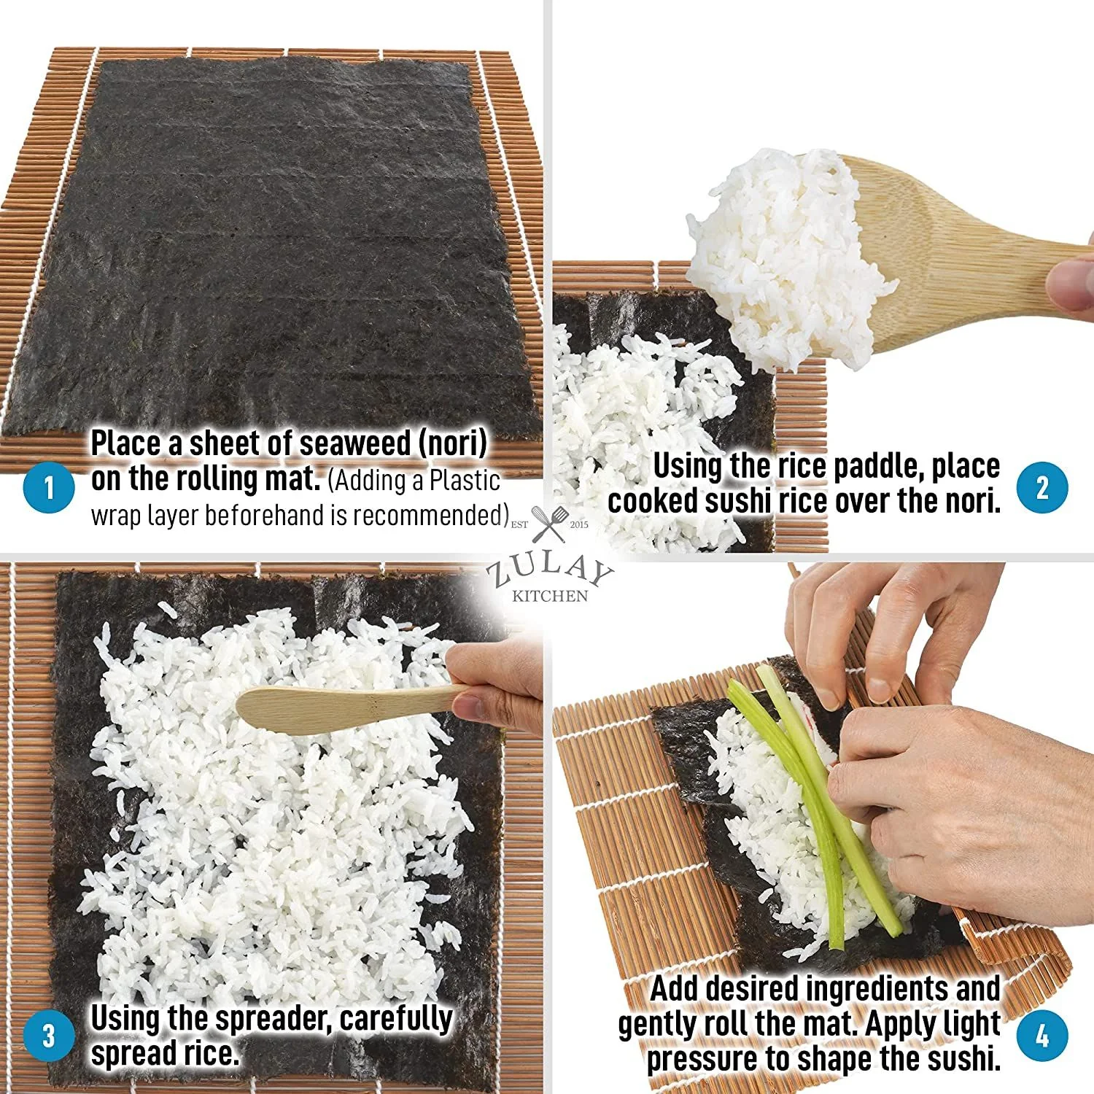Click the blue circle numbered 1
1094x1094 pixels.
[49, 487]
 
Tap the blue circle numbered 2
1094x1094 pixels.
[1042, 487]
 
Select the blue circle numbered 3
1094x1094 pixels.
[49, 1036]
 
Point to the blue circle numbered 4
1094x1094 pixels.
[1042, 1036]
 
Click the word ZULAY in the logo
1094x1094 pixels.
[550, 571]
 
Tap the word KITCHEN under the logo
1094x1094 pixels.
[550, 597]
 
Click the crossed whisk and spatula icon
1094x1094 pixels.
[549, 524]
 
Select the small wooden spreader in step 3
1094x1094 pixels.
[343, 704]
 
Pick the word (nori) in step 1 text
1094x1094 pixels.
[452, 443]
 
